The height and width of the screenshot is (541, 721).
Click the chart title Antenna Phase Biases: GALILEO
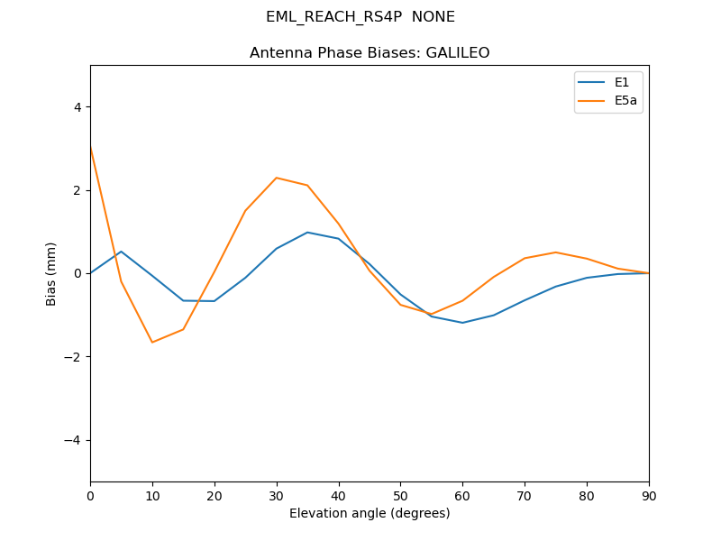tap(370, 53)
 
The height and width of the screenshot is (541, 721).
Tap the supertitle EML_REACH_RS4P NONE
tap(360, 17)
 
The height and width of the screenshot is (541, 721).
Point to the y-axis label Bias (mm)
tap(51, 273)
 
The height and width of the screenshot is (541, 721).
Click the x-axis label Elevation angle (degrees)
tap(370, 513)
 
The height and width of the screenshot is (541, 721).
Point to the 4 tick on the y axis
tap(77, 106)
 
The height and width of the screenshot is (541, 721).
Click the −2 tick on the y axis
tap(73, 356)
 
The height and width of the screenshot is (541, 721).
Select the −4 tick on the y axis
tap(73, 440)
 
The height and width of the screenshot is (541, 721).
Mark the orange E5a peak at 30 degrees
tap(277, 178)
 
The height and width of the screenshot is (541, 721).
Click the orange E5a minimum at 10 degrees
tap(152, 343)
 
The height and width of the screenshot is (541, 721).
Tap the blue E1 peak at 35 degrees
tap(307, 233)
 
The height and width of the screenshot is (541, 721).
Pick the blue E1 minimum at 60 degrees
tap(462, 323)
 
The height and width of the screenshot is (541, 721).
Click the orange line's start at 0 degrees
tap(91, 146)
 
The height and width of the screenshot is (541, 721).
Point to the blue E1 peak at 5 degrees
tap(121, 252)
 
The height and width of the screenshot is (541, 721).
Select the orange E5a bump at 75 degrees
tap(556, 252)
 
